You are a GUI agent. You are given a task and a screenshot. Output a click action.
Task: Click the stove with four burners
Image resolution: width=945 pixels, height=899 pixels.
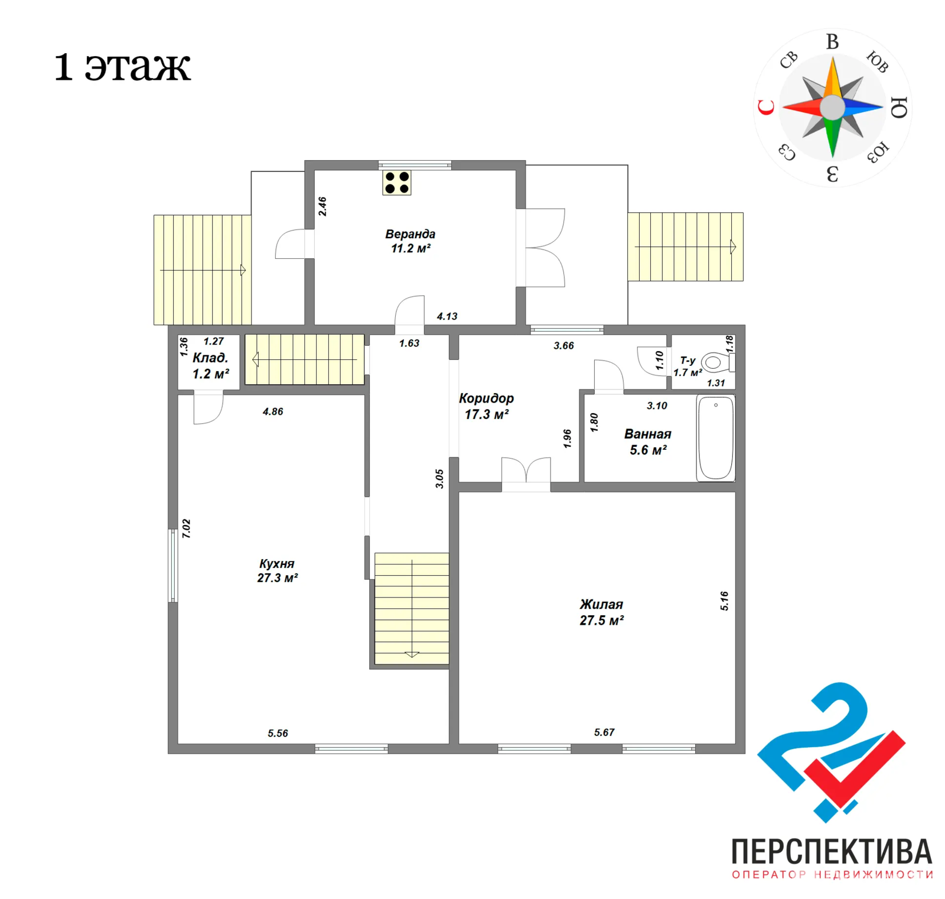pyautogui.click(x=397, y=183)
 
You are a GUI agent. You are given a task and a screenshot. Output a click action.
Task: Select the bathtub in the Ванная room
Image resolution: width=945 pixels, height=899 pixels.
pyautogui.click(x=715, y=438)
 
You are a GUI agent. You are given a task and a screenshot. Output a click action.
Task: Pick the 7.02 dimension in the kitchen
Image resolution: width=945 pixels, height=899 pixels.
pyautogui.click(x=187, y=528)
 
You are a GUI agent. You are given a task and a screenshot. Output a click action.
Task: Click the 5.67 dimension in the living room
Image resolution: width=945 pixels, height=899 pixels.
pyautogui.click(x=604, y=732)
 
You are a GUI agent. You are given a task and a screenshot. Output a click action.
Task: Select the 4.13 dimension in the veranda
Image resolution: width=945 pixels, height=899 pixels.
pyautogui.click(x=447, y=316)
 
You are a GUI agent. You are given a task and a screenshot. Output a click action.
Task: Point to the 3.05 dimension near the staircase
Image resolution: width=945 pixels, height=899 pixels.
pyautogui.click(x=439, y=479)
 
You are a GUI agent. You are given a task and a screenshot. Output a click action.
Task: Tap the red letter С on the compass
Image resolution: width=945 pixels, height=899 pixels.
pyautogui.click(x=766, y=107)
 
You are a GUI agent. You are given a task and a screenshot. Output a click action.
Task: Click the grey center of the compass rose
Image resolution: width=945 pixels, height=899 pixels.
pyautogui.click(x=833, y=107)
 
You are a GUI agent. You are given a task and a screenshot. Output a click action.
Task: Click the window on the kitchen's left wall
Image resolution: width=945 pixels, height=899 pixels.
pyautogui.click(x=172, y=566)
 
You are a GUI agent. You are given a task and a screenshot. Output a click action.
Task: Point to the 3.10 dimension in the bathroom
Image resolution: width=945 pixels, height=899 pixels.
pyautogui.click(x=657, y=405)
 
